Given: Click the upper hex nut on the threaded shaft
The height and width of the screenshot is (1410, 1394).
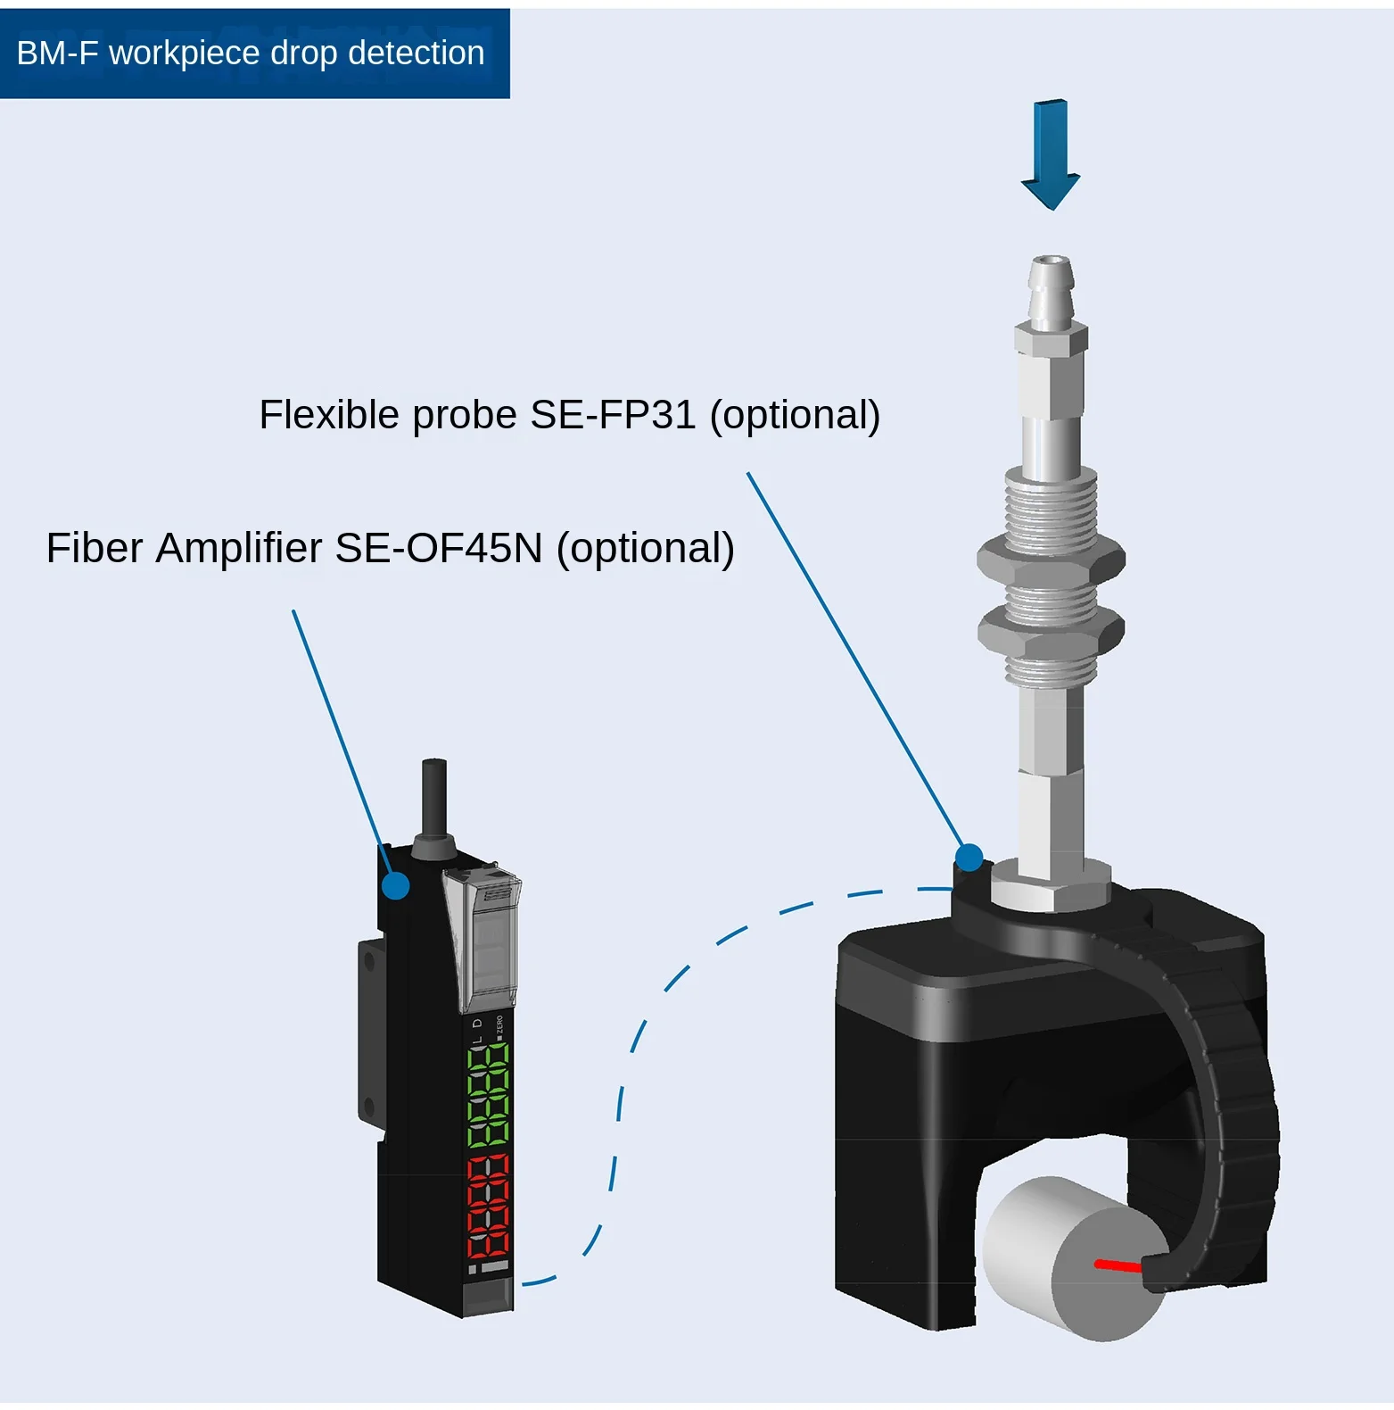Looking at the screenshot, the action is tap(1051, 560).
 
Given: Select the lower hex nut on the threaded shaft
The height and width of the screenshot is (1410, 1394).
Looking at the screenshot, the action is tap(1050, 629).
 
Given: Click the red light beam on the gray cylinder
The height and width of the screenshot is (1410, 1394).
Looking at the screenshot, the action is tap(1118, 1265).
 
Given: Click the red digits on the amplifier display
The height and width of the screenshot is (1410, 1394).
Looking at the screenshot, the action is tap(488, 1205).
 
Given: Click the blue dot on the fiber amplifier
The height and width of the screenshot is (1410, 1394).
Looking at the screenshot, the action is tap(396, 886).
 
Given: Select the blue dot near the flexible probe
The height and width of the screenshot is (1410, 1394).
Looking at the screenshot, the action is tap(969, 858).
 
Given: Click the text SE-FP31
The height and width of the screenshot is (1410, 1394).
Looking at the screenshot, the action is tap(613, 415).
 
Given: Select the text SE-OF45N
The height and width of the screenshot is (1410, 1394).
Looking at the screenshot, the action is tap(438, 548).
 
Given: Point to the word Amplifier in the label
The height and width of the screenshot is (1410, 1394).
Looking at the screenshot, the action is tap(238, 548).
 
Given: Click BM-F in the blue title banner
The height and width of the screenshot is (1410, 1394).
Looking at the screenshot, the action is tap(57, 54).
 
